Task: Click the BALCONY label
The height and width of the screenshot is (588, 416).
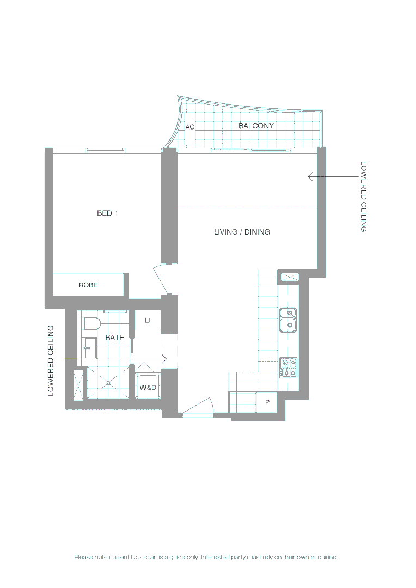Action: pos(256,126)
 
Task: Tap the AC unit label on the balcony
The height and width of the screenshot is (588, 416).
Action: pos(190,127)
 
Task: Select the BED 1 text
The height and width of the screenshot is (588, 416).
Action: pos(107,213)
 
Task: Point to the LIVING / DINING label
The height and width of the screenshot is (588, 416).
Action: pos(242,232)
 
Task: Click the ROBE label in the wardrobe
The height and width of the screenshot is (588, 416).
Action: pos(88,285)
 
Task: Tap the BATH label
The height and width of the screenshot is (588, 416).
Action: pos(115,338)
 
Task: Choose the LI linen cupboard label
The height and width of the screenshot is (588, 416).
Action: pos(148,321)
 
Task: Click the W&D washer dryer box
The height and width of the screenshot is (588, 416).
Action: pos(148,388)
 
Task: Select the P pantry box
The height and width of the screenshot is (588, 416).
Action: pos(267,402)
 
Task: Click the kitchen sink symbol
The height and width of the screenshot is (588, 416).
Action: pos(288,320)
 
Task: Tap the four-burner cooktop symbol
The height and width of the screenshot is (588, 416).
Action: pos(288,367)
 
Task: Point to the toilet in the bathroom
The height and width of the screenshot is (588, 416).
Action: pos(92,324)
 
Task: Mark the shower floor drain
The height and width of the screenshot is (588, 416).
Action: pos(108,382)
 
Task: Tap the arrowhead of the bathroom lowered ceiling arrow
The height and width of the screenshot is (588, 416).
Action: pos(164,359)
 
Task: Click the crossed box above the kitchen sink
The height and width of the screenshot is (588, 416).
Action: pos(289,277)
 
